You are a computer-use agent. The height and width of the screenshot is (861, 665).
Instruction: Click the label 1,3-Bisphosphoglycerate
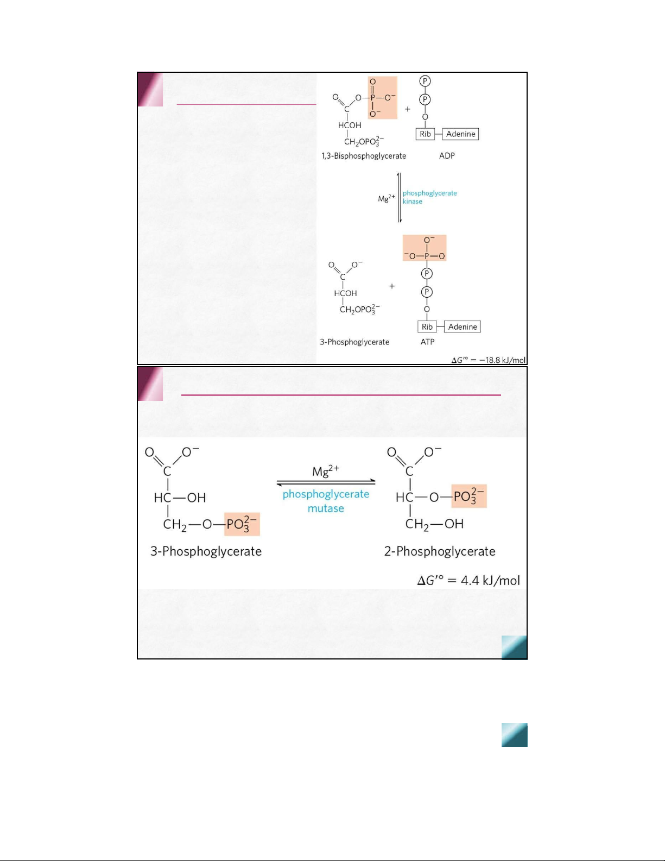(364, 156)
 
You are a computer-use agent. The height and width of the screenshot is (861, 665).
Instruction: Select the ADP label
(447, 156)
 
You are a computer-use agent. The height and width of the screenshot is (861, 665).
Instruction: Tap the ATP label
(427, 342)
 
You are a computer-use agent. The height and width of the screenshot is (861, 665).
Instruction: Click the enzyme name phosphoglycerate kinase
(429, 197)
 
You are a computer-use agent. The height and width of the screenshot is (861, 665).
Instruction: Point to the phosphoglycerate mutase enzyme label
(326, 501)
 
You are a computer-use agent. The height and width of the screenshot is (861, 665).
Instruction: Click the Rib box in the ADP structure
(425, 134)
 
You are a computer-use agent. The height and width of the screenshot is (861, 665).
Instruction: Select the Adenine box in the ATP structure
(463, 327)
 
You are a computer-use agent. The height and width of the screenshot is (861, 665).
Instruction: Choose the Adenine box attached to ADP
(460, 134)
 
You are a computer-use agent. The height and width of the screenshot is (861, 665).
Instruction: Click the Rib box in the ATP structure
(427, 327)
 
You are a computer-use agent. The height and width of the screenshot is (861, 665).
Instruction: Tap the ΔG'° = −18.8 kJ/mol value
(489, 360)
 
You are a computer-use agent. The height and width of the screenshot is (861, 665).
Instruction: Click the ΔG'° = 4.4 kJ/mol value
(468, 581)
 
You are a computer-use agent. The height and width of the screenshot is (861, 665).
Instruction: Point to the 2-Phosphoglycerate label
(440, 551)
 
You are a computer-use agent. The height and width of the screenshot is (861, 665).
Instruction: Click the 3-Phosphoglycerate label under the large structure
(206, 551)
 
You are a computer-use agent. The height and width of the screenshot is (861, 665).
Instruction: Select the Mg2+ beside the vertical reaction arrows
(387, 198)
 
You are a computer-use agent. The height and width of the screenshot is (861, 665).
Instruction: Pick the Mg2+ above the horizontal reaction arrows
(325, 471)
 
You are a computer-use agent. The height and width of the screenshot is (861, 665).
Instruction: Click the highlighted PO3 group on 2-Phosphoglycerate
(468, 497)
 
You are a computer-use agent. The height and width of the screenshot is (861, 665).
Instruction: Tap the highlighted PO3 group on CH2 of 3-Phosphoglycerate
(242, 524)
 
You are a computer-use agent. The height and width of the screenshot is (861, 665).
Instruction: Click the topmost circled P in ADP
(425, 81)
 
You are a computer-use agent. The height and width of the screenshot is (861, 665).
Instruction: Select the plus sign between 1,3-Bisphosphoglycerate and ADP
(407, 109)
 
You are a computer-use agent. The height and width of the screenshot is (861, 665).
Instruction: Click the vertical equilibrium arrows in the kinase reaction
(400, 198)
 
